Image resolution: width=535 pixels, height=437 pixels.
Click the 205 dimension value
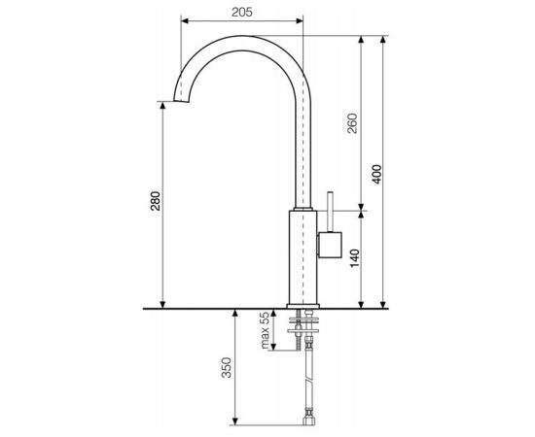point(242,13)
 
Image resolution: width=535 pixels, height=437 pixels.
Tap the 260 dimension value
point(353,123)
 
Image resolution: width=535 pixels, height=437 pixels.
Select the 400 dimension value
point(376,175)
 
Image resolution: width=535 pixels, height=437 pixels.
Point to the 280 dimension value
point(156,201)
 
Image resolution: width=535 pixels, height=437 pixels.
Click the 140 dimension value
point(355,258)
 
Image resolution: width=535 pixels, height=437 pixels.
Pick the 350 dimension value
point(227,367)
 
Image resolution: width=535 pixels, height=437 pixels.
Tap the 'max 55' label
point(265,330)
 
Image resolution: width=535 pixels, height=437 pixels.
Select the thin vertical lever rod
point(331,212)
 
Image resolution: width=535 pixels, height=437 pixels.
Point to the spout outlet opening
point(182,102)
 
